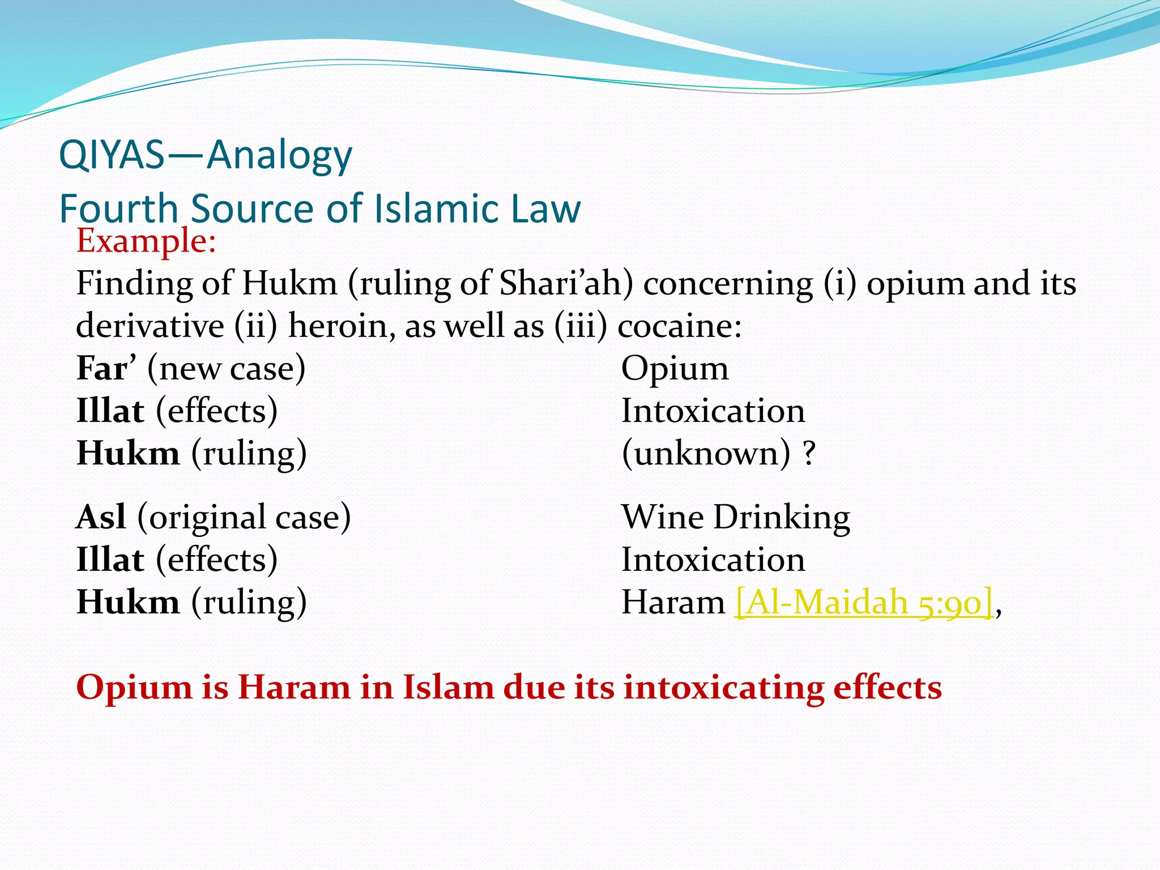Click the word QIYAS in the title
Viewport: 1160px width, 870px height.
coord(112,155)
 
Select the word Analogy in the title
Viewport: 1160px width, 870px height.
coord(279,156)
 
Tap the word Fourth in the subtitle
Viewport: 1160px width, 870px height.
coord(118,208)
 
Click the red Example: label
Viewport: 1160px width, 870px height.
coord(146,241)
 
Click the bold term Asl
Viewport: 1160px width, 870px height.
coord(101,517)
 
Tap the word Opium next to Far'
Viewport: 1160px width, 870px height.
coord(675,369)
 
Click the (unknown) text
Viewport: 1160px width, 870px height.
coord(706,453)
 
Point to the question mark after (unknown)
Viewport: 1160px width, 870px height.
coord(809,453)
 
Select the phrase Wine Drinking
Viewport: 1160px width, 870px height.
coord(735,517)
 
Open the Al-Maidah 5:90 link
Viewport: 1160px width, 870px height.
coord(864,602)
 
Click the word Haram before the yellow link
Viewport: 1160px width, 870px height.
coord(673,602)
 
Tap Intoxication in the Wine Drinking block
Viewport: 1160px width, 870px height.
coord(713,560)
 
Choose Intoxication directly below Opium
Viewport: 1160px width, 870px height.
coord(713,411)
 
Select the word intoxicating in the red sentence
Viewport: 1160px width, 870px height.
coord(723,688)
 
